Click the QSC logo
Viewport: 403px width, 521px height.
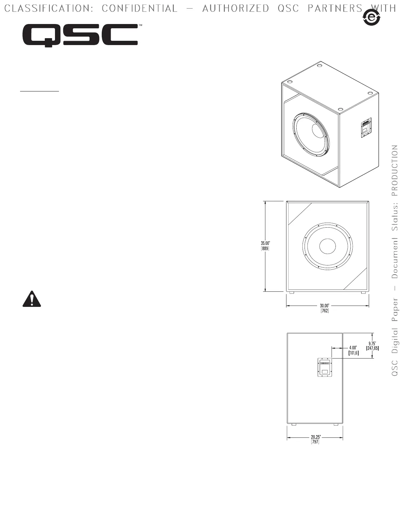(80, 35)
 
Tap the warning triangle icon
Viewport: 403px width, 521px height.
(32, 299)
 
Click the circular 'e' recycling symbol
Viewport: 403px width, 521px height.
(372, 17)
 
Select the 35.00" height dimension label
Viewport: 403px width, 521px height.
(265, 243)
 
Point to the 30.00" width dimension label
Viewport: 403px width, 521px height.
(325, 306)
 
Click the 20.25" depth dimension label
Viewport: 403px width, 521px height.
(316, 437)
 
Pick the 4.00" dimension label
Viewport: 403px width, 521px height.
(353, 348)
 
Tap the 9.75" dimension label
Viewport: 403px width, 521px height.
(372, 344)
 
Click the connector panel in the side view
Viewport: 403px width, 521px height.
(325, 367)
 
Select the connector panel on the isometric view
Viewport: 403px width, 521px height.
(366, 128)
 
